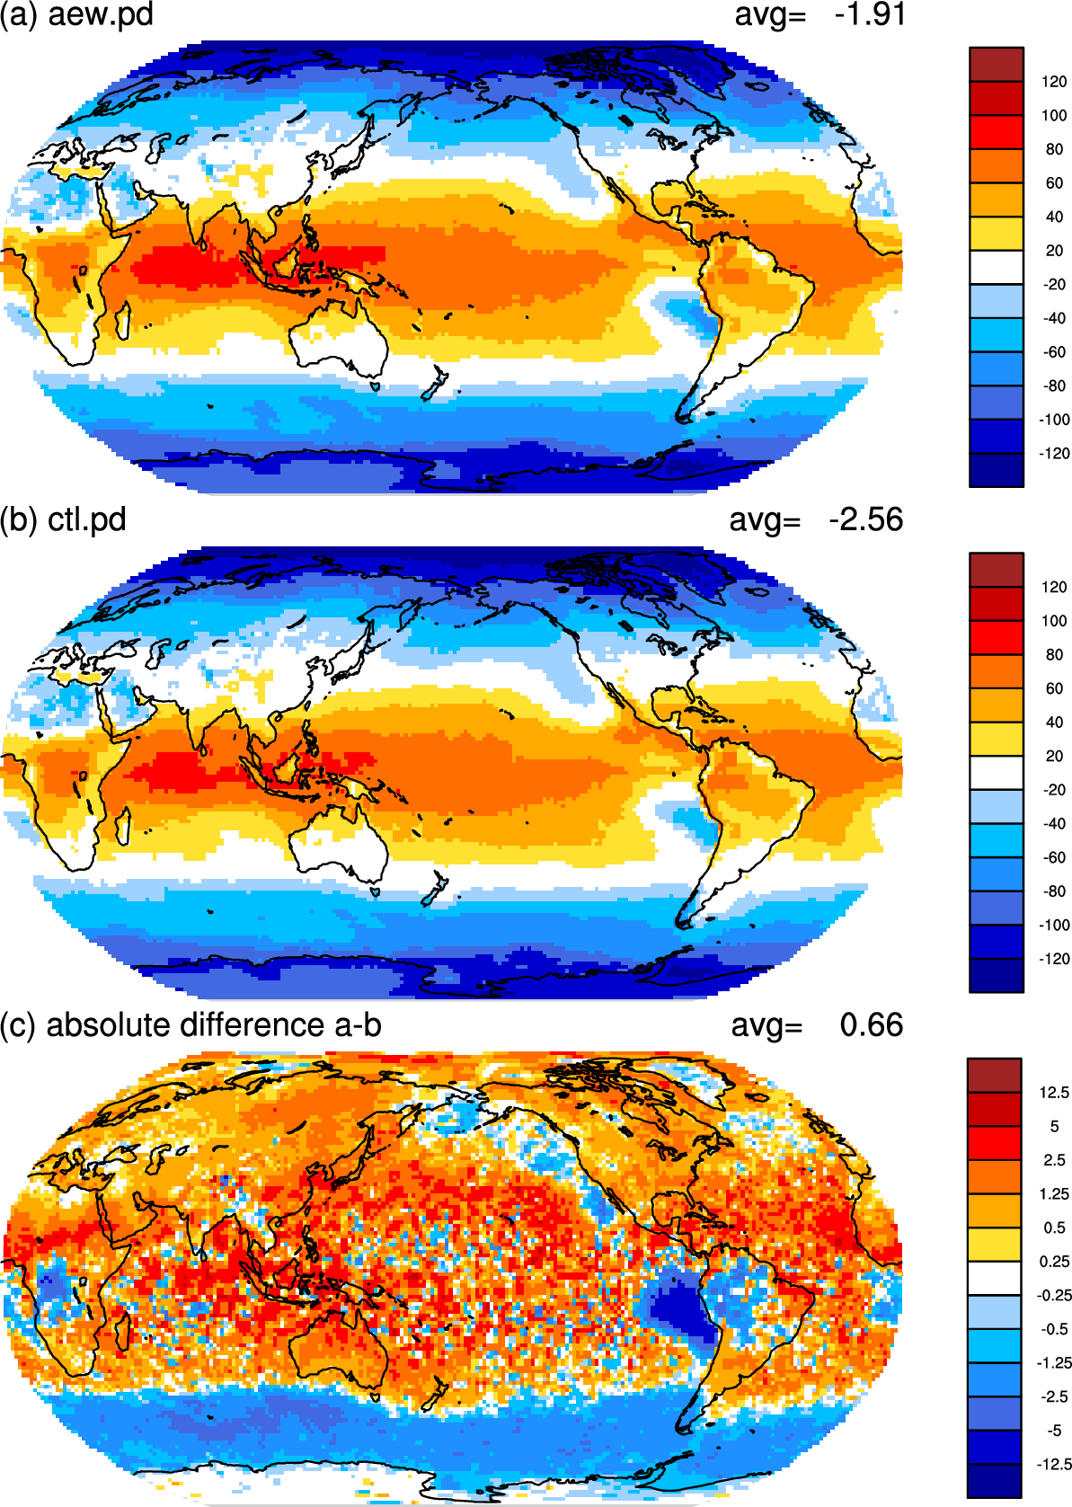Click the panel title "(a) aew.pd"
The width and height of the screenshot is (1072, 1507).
[76, 14]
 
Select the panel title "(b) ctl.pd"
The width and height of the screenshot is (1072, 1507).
[63, 520]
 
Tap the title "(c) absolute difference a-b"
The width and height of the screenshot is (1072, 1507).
[190, 1025]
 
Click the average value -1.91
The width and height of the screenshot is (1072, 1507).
[870, 14]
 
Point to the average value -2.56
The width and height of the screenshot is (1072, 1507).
[865, 520]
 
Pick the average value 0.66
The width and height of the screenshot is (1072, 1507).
[871, 1025]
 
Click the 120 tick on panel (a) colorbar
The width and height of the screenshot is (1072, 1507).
[1054, 82]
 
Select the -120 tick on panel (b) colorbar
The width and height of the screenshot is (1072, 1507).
[1054, 959]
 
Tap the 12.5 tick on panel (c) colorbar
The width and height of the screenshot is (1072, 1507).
[1054, 1093]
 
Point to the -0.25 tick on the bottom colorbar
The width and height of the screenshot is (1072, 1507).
[1053, 1295]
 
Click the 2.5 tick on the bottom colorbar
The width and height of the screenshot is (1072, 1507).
[1054, 1160]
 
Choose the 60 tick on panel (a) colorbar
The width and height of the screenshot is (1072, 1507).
[1054, 183]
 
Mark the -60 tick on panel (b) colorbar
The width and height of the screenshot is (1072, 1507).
[1054, 857]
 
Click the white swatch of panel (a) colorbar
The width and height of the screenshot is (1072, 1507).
[996, 267]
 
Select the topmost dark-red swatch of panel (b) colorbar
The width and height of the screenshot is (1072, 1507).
[996, 571]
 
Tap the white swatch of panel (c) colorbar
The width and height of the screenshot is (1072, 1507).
[995, 1278]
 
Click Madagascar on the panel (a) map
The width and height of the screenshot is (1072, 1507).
[122, 321]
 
